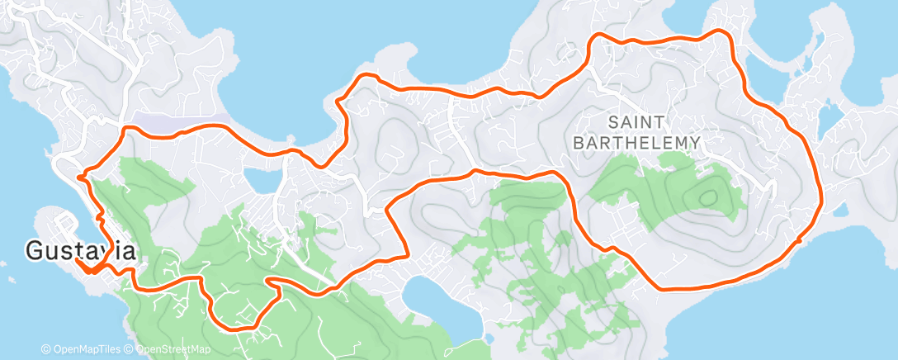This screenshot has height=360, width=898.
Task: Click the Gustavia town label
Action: click(81, 250)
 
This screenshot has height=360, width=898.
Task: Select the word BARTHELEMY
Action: click(636, 143)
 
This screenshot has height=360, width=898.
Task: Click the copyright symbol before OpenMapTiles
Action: click(45, 350)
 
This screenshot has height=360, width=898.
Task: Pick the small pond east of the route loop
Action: click(830, 113)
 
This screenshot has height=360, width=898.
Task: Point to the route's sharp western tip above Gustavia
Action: click(78, 175)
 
